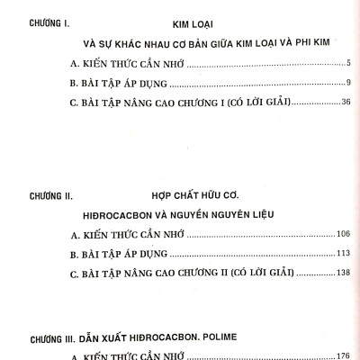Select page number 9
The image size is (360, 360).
point(346,83)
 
